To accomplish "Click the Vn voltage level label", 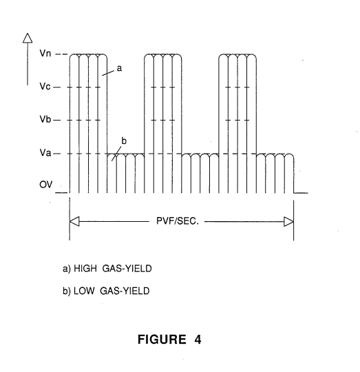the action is [x=45, y=53].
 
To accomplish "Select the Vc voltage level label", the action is [x=45, y=86].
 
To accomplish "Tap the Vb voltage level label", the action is [x=45, y=119].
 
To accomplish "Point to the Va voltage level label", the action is [x=45, y=152].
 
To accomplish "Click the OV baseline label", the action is [x=45, y=185].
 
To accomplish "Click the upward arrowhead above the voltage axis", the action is [x=28, y=38].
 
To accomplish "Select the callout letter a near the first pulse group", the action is [x=119, y=68].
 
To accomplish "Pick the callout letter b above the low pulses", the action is [x=124, y=141].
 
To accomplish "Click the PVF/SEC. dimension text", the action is [x=178, y=221].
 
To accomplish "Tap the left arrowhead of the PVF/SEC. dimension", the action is [x=74, y=221].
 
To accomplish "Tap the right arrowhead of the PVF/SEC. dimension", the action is [x=288, y=222].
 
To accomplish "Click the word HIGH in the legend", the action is [x=85, y=269].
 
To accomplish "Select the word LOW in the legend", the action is [x=84, y=291].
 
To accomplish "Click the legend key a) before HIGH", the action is [x=67, y=269].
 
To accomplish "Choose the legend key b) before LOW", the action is [x=67, y=291].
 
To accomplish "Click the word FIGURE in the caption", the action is [x=162, y=339].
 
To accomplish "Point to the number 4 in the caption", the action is [x=198, y=339].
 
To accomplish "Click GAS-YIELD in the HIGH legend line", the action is [x=127, y=269].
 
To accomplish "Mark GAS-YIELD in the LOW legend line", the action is [x=125, y=291].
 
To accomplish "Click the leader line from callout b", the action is [x=116, y=154].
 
